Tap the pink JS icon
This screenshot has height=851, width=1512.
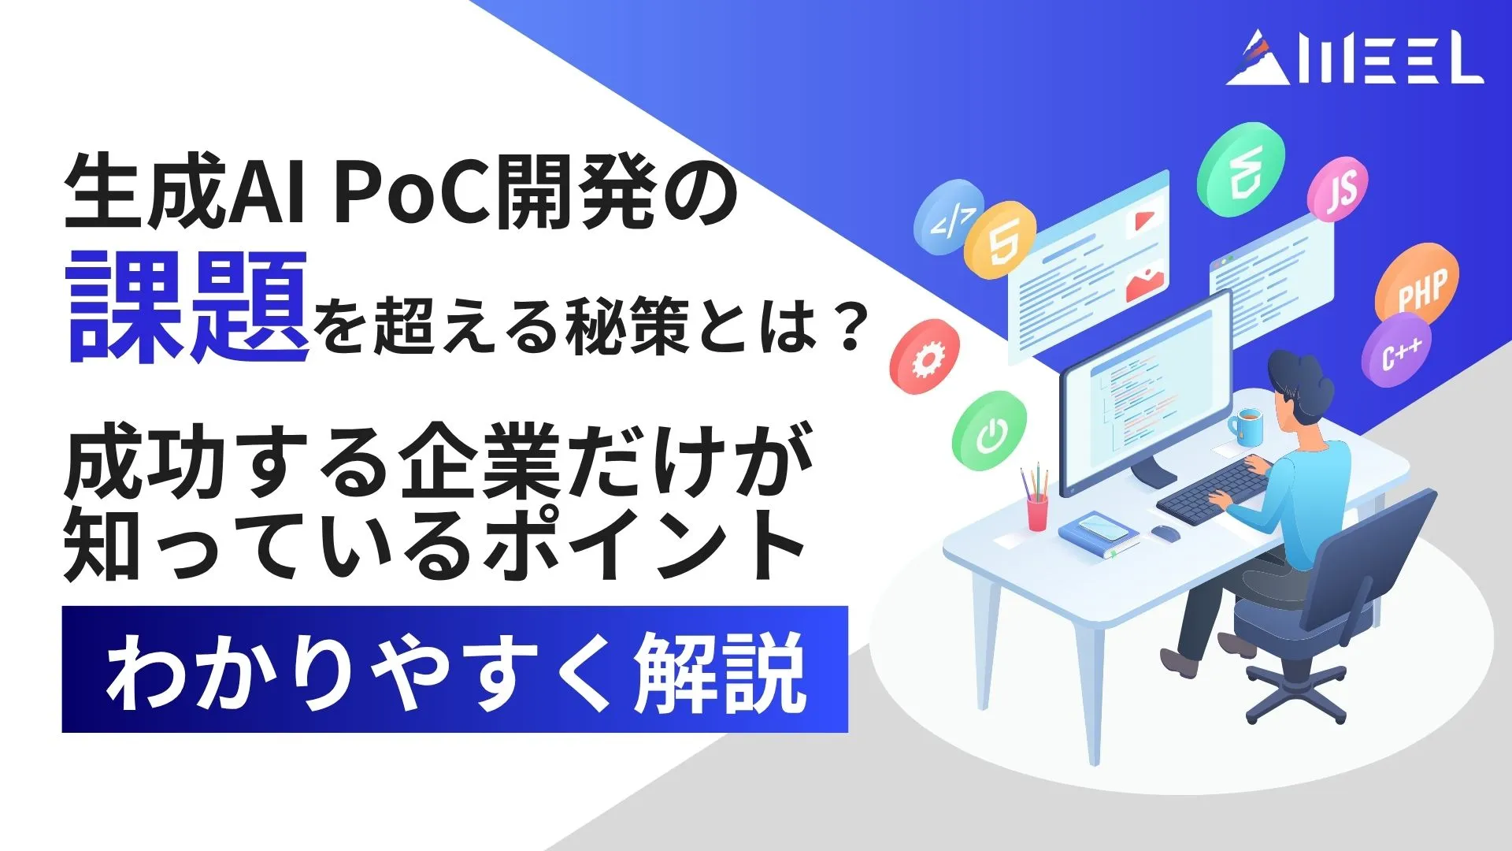point(1337,189)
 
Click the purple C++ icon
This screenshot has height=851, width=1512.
point(1397,351)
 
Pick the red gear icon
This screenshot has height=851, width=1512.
point(925,357)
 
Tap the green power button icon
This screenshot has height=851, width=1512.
point(989,431)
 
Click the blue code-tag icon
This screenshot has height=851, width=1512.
point(948,217)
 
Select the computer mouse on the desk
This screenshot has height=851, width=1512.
point(1165,533)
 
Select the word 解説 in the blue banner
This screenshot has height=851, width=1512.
point(721,672)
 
